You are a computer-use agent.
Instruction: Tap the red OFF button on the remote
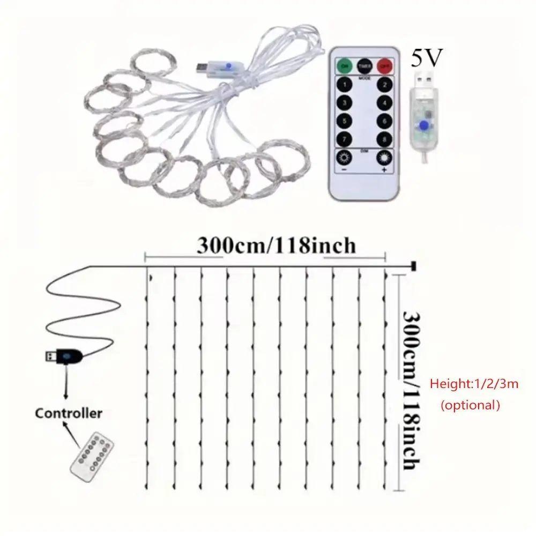click(384, 66)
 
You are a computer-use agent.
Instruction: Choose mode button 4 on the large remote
click(383, 103)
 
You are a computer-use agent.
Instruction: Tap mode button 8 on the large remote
click(383, 139)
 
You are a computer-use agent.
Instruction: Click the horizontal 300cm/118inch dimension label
click(276, 245)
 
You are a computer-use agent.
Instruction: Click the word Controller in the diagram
click(68, 413)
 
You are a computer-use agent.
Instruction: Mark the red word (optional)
click(470, 405)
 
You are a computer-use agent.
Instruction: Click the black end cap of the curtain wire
click(413, 265)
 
